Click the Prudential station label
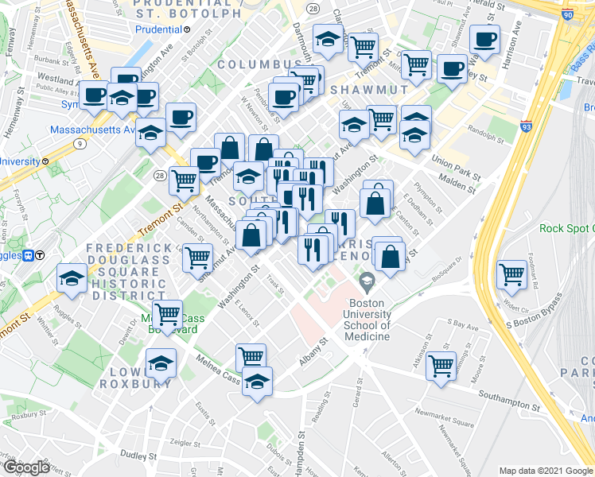point(158,30)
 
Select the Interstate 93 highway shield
point(527,126)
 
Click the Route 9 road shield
point(81,144)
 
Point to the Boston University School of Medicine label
point(367,320)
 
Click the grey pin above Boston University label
point(367,280)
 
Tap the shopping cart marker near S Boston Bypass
point(512,274)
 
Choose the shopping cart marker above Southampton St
point(441,366)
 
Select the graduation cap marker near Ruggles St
point(72,278)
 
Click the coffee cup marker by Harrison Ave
point(484,38)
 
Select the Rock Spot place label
point(566,228)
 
